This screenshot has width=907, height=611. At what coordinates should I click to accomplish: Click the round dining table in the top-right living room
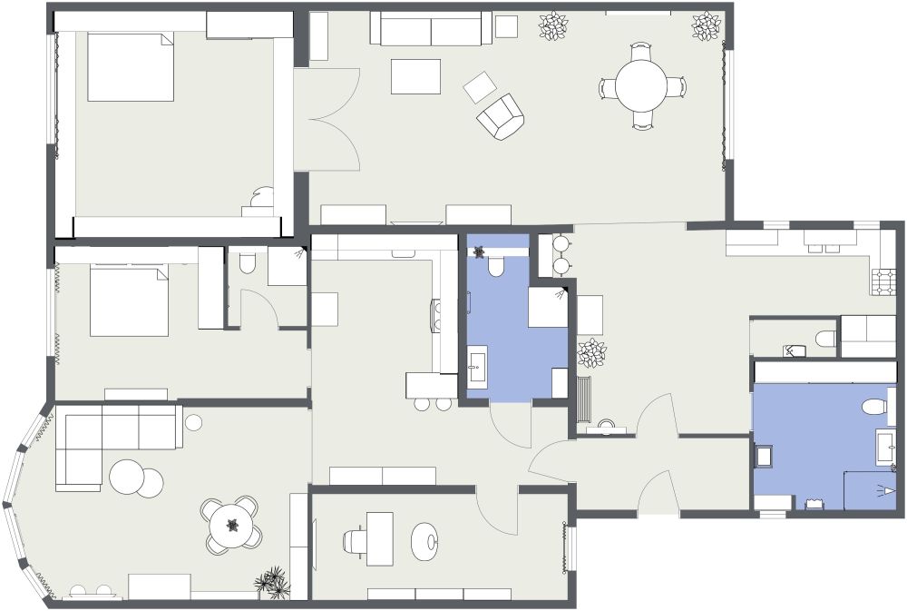coord(641,87)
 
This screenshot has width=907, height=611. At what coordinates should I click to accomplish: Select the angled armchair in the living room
coord(501,116)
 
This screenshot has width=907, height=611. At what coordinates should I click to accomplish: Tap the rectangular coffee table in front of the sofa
coord(415,76)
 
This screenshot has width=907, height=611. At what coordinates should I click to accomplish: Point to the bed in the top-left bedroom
coord(130,67)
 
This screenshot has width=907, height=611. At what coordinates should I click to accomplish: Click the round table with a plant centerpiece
coord(232,525)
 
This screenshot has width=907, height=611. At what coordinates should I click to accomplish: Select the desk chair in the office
coord(356,541)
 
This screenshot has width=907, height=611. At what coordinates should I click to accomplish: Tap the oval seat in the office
coord(425,542)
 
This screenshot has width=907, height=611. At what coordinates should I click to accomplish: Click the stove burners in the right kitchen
coord(884,281)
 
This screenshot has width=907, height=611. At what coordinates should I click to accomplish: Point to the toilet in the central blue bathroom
coord(496,266)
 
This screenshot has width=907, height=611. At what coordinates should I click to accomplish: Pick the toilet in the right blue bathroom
coord(873,405)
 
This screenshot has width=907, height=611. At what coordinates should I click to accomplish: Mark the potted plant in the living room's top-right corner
coord(706,26)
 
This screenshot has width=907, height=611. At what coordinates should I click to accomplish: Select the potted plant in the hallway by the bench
coord(592,352)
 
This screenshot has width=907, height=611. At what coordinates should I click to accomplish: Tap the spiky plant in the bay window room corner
coord(272,582)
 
